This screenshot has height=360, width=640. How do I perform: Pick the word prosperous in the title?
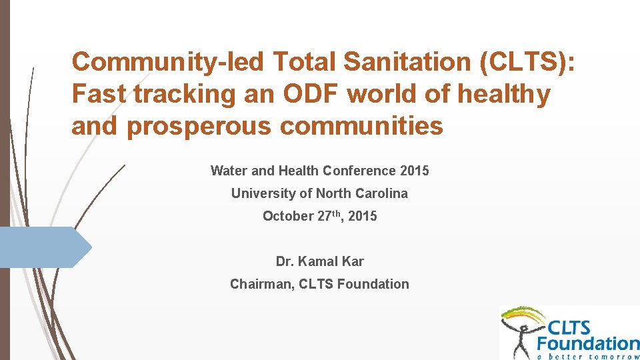(x=199, y=125)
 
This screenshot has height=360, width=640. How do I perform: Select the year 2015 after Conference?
(x=415, y=171)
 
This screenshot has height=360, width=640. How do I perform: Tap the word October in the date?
(x=287, y=216)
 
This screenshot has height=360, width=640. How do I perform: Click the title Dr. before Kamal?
(x=286, y=261)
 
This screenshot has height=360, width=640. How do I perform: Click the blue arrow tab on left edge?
(x=43, y=247)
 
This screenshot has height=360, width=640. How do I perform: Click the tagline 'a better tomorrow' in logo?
(x=588, y=355)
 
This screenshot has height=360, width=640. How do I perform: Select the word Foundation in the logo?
(x=588, y=343)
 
